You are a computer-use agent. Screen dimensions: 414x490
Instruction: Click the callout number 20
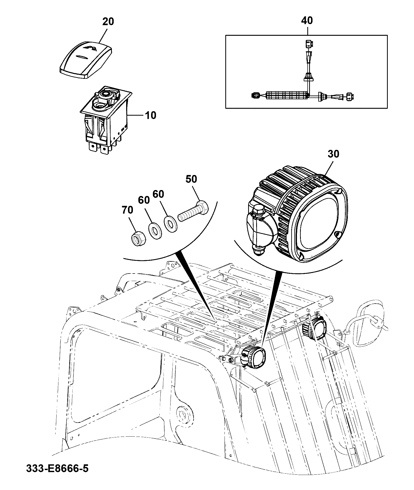(x=108, y=22)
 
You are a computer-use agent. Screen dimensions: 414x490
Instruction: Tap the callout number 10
(x=150, y=115)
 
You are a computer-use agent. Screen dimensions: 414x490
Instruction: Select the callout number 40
(x=307, y=20)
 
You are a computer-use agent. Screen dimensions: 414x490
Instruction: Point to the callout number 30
(x=333, y=154)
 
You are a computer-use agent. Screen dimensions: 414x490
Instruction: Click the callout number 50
(x=191, y=179)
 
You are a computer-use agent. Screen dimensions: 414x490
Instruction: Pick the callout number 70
(x=127, y=210)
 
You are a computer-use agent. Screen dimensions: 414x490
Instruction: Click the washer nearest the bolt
(x=170, y=222)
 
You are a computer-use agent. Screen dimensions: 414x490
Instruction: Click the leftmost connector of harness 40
(x=255, y=95)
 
